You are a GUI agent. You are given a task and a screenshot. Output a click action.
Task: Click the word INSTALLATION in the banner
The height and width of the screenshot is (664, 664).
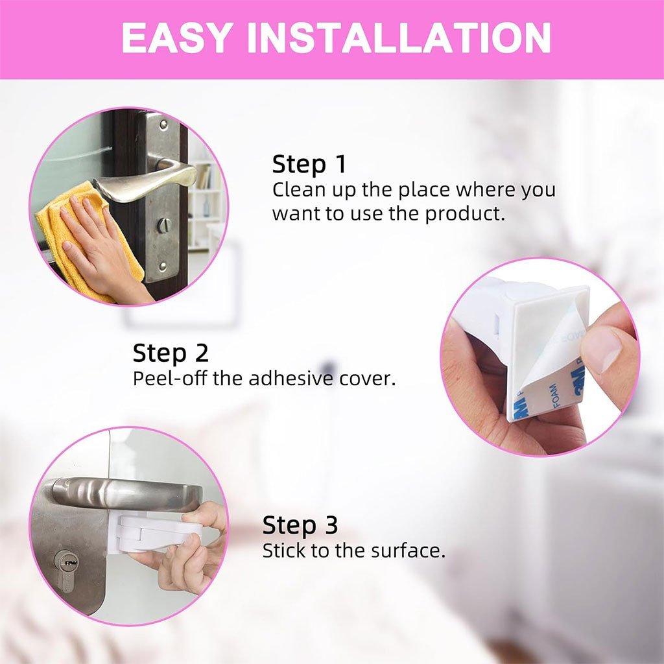(399, 38)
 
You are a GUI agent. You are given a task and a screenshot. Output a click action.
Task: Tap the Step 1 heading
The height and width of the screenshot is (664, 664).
(309, 164)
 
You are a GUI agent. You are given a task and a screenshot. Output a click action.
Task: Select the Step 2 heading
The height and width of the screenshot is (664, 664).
(171, 353)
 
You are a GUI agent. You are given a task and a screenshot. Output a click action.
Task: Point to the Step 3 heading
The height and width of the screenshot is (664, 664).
(300, 525)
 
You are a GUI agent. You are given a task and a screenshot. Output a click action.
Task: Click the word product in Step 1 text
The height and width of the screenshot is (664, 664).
(465, 214)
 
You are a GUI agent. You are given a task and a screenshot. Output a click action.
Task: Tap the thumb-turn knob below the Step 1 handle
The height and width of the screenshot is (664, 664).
(164, 225)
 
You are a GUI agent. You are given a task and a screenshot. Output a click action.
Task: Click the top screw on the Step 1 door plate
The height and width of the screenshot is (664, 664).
(163, 124)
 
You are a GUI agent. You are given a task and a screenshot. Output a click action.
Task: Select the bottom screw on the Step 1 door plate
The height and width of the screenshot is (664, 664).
(163, 266)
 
